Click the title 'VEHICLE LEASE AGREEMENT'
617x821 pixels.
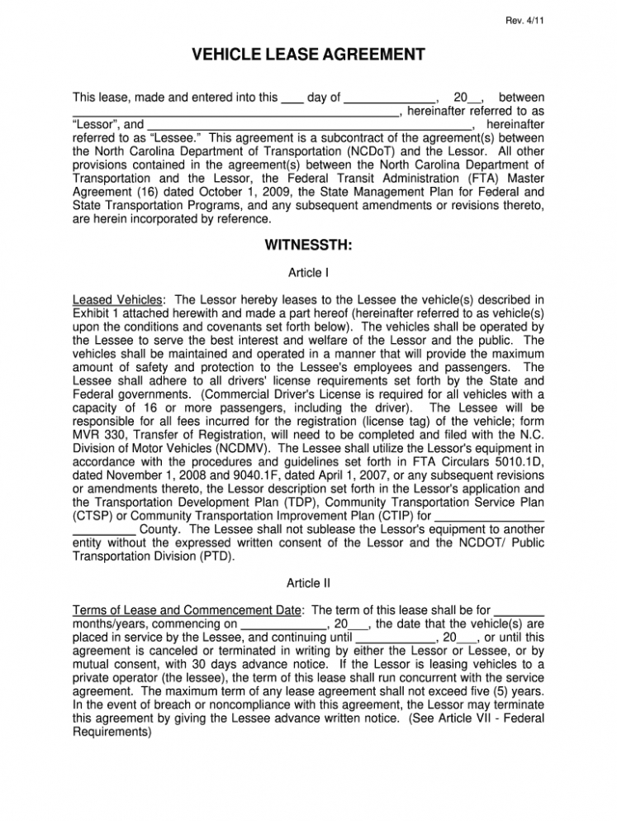click(308, 55)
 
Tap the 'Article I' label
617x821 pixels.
click(308, 272)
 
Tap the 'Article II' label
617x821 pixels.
click(308, 582)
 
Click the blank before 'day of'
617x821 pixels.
click(292, 98)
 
